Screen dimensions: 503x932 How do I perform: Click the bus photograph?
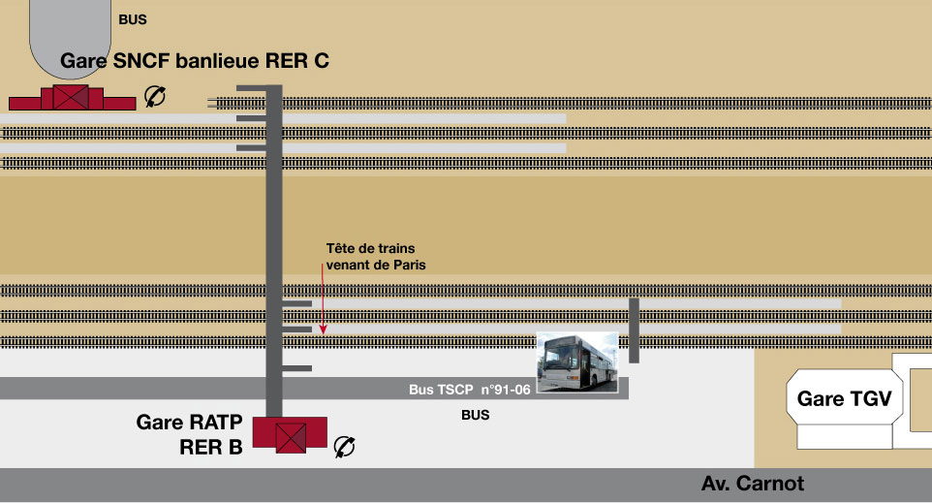click(578, 362)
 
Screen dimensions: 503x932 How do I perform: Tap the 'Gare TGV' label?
click(843, 399)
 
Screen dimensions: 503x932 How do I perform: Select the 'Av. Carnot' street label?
click(752, 484)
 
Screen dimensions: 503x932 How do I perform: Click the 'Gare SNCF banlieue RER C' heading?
click(195, 61)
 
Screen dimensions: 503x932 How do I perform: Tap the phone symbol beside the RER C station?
click(154, 95)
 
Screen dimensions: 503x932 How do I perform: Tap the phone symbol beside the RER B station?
click(344, 446)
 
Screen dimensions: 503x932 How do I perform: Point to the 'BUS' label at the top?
click(133, 18)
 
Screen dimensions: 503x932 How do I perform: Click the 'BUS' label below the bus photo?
click(475, 416)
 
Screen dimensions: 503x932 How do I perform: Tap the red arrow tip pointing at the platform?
click(324, 331)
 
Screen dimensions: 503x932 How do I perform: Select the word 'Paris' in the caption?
click(410, 264)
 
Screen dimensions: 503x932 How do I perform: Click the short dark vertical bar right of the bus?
click(634, 330)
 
